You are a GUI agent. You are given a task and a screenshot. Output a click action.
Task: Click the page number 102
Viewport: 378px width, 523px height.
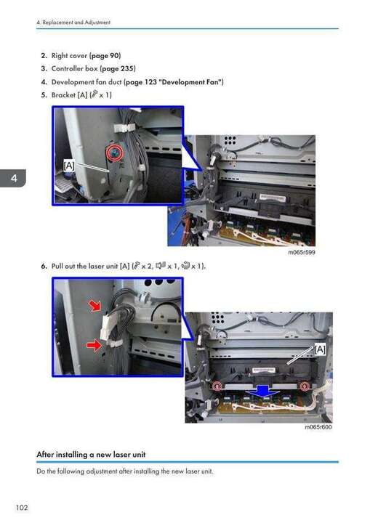[x=22, y=507]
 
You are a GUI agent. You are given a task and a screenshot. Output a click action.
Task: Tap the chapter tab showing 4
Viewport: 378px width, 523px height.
[x=12, y=178]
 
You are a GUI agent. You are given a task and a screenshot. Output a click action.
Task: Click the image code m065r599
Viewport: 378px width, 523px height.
[x=301, y=252]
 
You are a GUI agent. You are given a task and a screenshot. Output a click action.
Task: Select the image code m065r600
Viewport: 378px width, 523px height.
[x=318, y=427]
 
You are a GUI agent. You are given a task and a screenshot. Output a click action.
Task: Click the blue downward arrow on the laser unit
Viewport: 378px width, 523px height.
[x=264, y=391]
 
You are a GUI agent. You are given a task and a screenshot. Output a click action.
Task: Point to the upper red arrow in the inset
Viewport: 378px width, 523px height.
[x=95, y=306]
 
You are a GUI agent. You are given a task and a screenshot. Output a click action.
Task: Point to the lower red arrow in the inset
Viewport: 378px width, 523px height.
[x=94, y=345]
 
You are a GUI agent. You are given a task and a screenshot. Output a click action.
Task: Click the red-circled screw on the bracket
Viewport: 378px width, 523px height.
[x=115, y=153]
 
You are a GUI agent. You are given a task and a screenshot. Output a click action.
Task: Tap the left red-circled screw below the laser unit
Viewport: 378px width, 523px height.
[x=217, y=386]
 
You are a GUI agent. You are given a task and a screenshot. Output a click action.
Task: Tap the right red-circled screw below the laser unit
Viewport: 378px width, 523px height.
[x=304, y=386]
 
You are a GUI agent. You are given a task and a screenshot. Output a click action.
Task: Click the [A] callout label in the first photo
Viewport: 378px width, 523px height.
[x=69, y=166]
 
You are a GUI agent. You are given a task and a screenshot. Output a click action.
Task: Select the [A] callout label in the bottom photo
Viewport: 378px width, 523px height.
[x=320, y=349]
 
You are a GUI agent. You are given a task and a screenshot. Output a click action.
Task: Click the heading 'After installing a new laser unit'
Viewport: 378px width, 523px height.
[x=91, y=454]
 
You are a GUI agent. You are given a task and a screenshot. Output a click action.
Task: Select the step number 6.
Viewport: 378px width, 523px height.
[x=44, y=266]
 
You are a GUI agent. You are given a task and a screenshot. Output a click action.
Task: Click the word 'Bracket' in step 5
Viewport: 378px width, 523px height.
[x=63, y=95]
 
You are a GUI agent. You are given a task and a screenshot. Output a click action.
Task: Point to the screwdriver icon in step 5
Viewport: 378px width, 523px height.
[x=95, y=94]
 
